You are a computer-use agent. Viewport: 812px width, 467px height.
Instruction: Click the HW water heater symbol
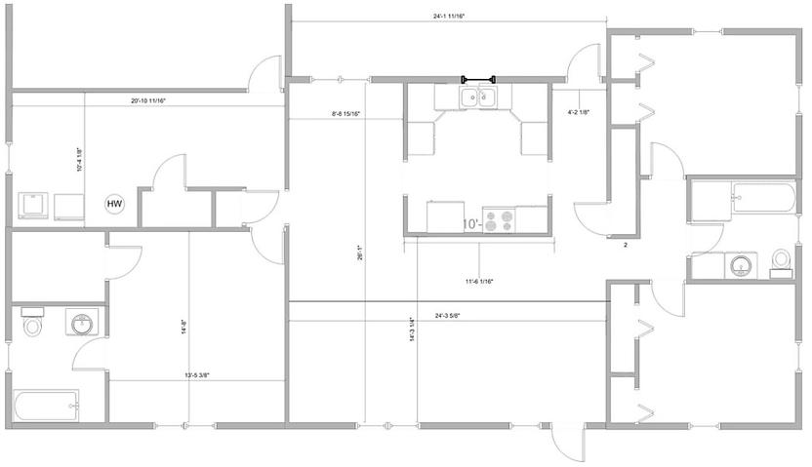115,204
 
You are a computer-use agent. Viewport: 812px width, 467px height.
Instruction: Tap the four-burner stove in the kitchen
501,221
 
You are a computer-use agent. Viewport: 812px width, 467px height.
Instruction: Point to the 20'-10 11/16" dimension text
155,100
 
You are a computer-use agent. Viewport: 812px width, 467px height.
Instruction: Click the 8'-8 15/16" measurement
346,115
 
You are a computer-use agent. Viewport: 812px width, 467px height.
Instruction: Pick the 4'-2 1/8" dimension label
581,112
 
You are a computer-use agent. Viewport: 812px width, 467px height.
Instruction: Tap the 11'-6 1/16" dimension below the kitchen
479,281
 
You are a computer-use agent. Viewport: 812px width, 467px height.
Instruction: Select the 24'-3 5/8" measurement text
454,314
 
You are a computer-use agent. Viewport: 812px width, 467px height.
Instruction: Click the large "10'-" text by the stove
471,224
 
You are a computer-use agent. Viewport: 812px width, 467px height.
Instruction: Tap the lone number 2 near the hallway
626,246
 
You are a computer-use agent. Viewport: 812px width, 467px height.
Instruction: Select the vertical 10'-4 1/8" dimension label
79,158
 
